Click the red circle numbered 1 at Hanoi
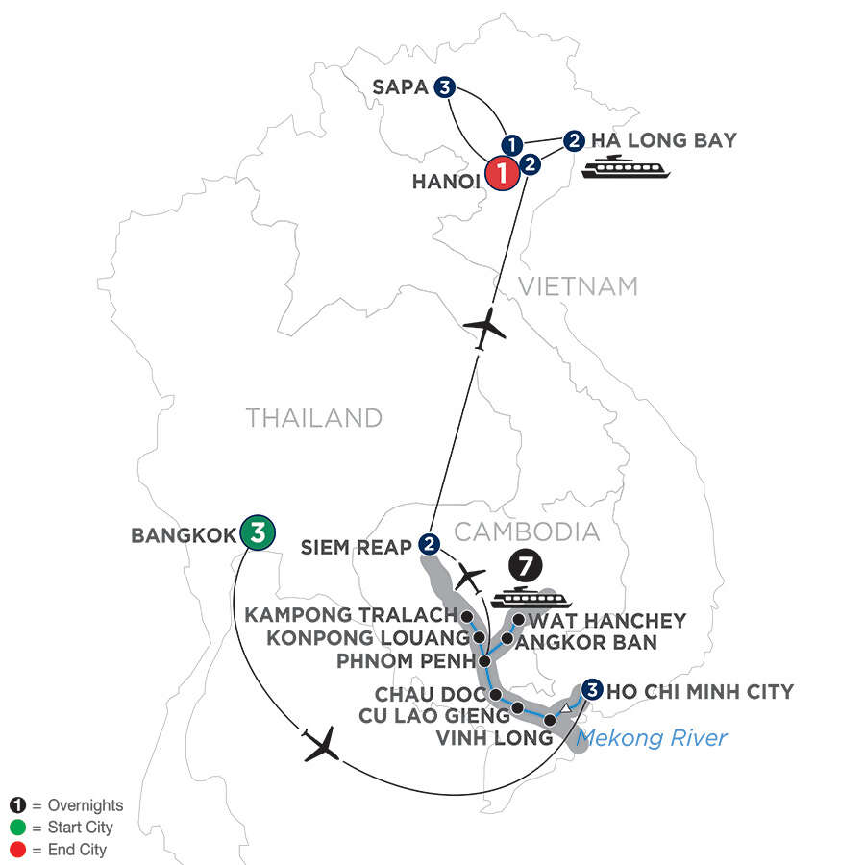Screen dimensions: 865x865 pyautogui.click(x=502, y=175)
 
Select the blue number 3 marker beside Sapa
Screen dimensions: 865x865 pyautogui.click(x=444, y=87)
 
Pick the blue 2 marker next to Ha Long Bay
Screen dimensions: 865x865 pyautogui.click(x=574, y=140)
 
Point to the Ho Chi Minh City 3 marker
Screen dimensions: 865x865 pyautogui.click(x=592, y=689)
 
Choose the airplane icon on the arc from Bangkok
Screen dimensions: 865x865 pyautogui.click(x=322, y=745)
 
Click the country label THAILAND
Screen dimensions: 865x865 pyautogui.click(x=314, y=418)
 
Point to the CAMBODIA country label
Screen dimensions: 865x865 pyautogui.click(x=526, y=531)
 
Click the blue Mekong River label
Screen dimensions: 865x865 pyautogui.click(x=652, y=739)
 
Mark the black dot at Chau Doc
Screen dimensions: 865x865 pyautogui.click(x=495, y=694)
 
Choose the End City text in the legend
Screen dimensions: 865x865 pyautogui.click(x=68, y=850)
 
